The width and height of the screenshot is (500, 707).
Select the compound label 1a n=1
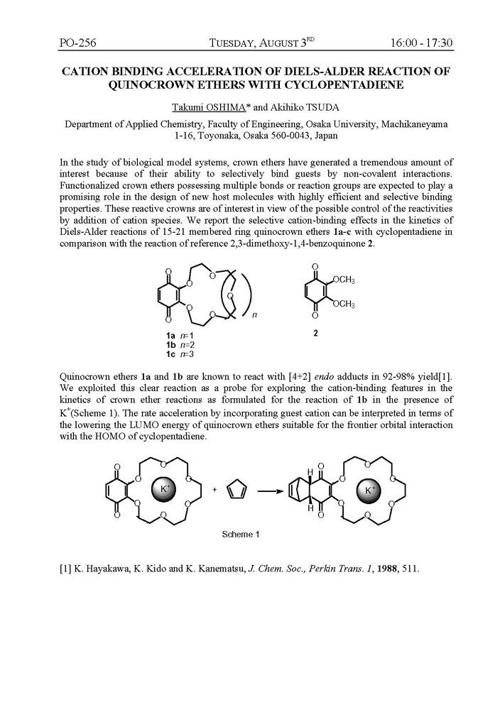pos(175,334)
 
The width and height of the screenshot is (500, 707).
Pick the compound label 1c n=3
pos(175,353)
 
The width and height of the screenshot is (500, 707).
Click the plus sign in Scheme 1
pos(214,490)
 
